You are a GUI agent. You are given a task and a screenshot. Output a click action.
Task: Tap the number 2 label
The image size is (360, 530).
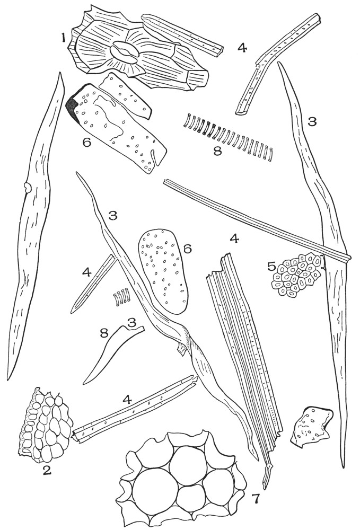tap(48, 470)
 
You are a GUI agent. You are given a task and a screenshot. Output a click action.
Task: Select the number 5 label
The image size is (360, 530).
tap(271, 267)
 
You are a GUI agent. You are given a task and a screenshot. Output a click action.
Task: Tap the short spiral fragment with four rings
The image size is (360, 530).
tap(122, 297)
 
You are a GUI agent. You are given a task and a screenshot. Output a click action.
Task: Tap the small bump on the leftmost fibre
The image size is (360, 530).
tap(27, 187)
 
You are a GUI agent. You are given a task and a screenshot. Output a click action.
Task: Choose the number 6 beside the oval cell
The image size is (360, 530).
tap(187, 249)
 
